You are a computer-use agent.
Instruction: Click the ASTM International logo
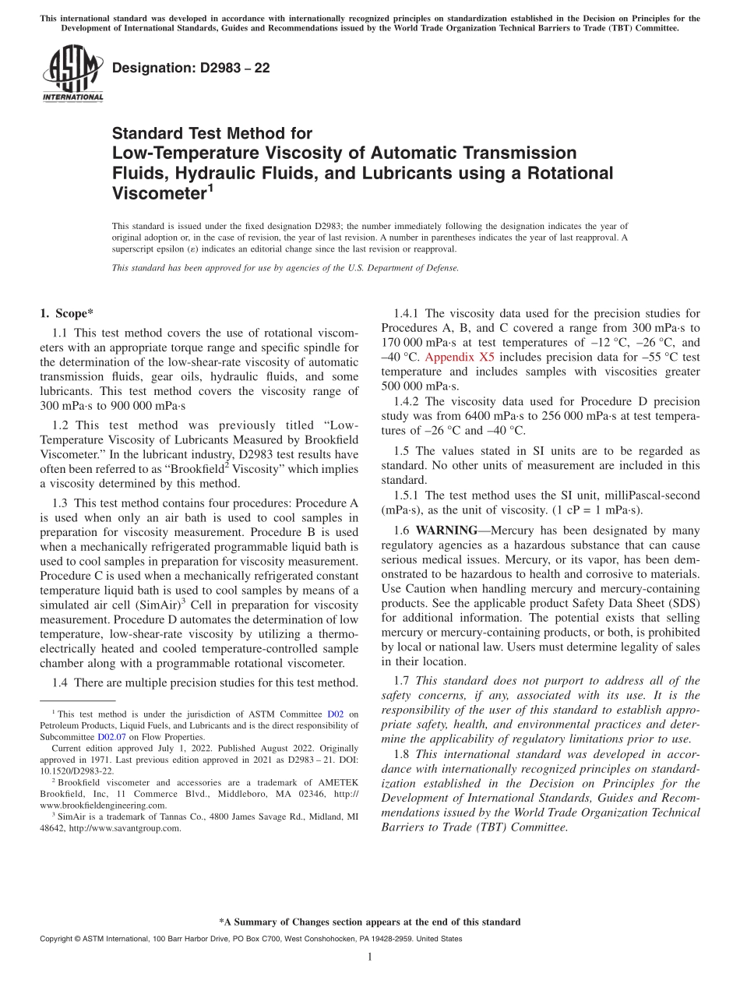tap(72, 74)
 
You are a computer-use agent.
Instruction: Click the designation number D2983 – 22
tap(191, 68)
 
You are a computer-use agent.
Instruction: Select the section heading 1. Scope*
tap(66, 314)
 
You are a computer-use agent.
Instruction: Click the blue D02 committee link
tap(335, 714)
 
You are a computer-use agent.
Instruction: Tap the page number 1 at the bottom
tap(370, 957)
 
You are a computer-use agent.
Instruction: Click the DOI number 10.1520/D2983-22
tap(76, 771)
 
